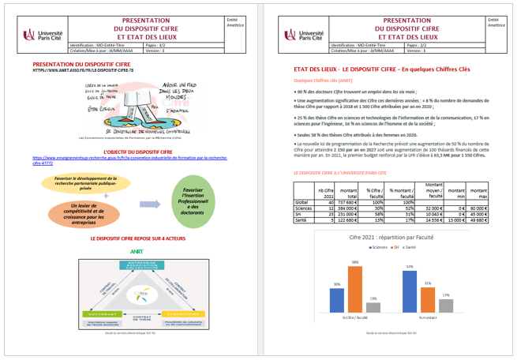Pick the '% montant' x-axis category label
point(428,318)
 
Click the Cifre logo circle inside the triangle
point(138,294)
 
